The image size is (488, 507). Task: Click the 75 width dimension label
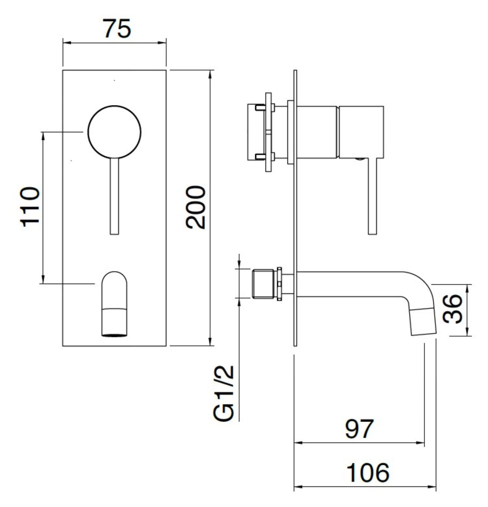117,28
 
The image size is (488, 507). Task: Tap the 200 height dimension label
196,208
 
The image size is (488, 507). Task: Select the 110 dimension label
31,206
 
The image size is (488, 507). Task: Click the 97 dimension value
359,429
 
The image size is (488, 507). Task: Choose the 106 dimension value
368,473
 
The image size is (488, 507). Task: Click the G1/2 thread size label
224,393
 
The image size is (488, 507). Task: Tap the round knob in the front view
114,131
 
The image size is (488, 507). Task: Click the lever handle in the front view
114,196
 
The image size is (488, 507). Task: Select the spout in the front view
115,304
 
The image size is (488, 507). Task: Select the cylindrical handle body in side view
361,132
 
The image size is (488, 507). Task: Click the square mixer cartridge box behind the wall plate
256,132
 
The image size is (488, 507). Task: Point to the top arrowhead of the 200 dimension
211,73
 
